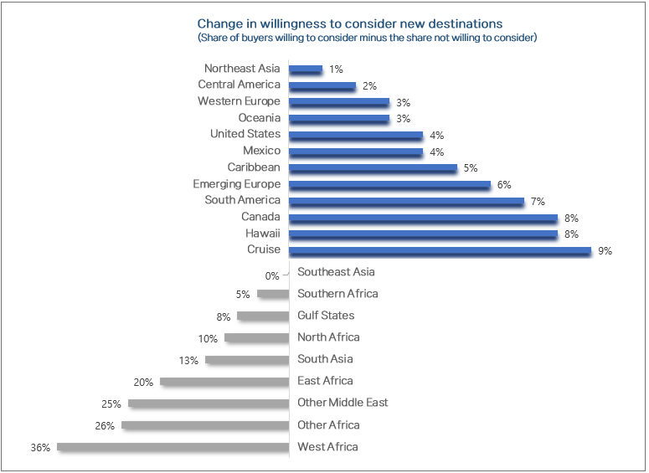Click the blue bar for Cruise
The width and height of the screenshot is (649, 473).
(x=440, y=250)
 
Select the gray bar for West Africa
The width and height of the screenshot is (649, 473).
(x=173, y=447)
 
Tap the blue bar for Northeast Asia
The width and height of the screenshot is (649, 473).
(x=306, y=69)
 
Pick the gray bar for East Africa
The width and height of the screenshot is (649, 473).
(x=224, y=382)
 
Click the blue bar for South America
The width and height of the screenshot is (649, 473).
(x=406, y=201)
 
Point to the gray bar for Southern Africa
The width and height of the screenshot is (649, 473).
(x=273, y=294)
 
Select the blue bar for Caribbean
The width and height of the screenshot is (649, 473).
(x=373, y=168)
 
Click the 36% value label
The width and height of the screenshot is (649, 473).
(x=40, y=448)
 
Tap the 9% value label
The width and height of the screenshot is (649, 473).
(x=605, y=250)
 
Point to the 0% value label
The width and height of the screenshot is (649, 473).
(x=272, y=275)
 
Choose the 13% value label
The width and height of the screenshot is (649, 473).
(x=188, y=361)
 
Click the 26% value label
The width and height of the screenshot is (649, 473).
(x=105, y=426)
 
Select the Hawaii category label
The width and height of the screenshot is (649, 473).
(x=263, y=234)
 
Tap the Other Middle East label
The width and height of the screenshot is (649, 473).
(x=343, y=403)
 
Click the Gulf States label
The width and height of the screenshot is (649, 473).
(x=326, y=316)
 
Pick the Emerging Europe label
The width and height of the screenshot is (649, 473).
(x=237, y=184)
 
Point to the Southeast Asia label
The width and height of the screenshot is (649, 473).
(x=336, y=272)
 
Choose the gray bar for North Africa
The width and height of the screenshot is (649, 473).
(x=256, y=338)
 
